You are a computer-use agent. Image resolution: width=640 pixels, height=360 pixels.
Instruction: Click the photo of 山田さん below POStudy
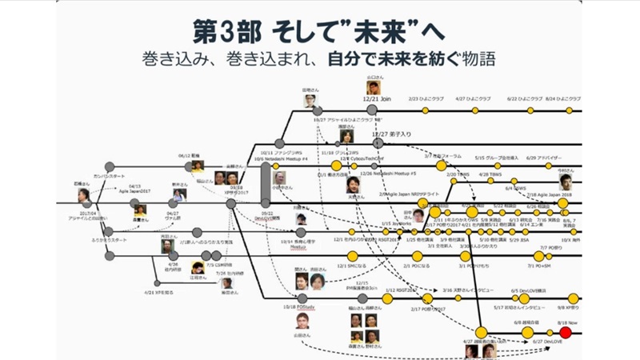coord(301,322)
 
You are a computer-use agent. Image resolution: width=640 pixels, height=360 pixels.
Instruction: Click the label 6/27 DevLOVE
coord(545,342)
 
